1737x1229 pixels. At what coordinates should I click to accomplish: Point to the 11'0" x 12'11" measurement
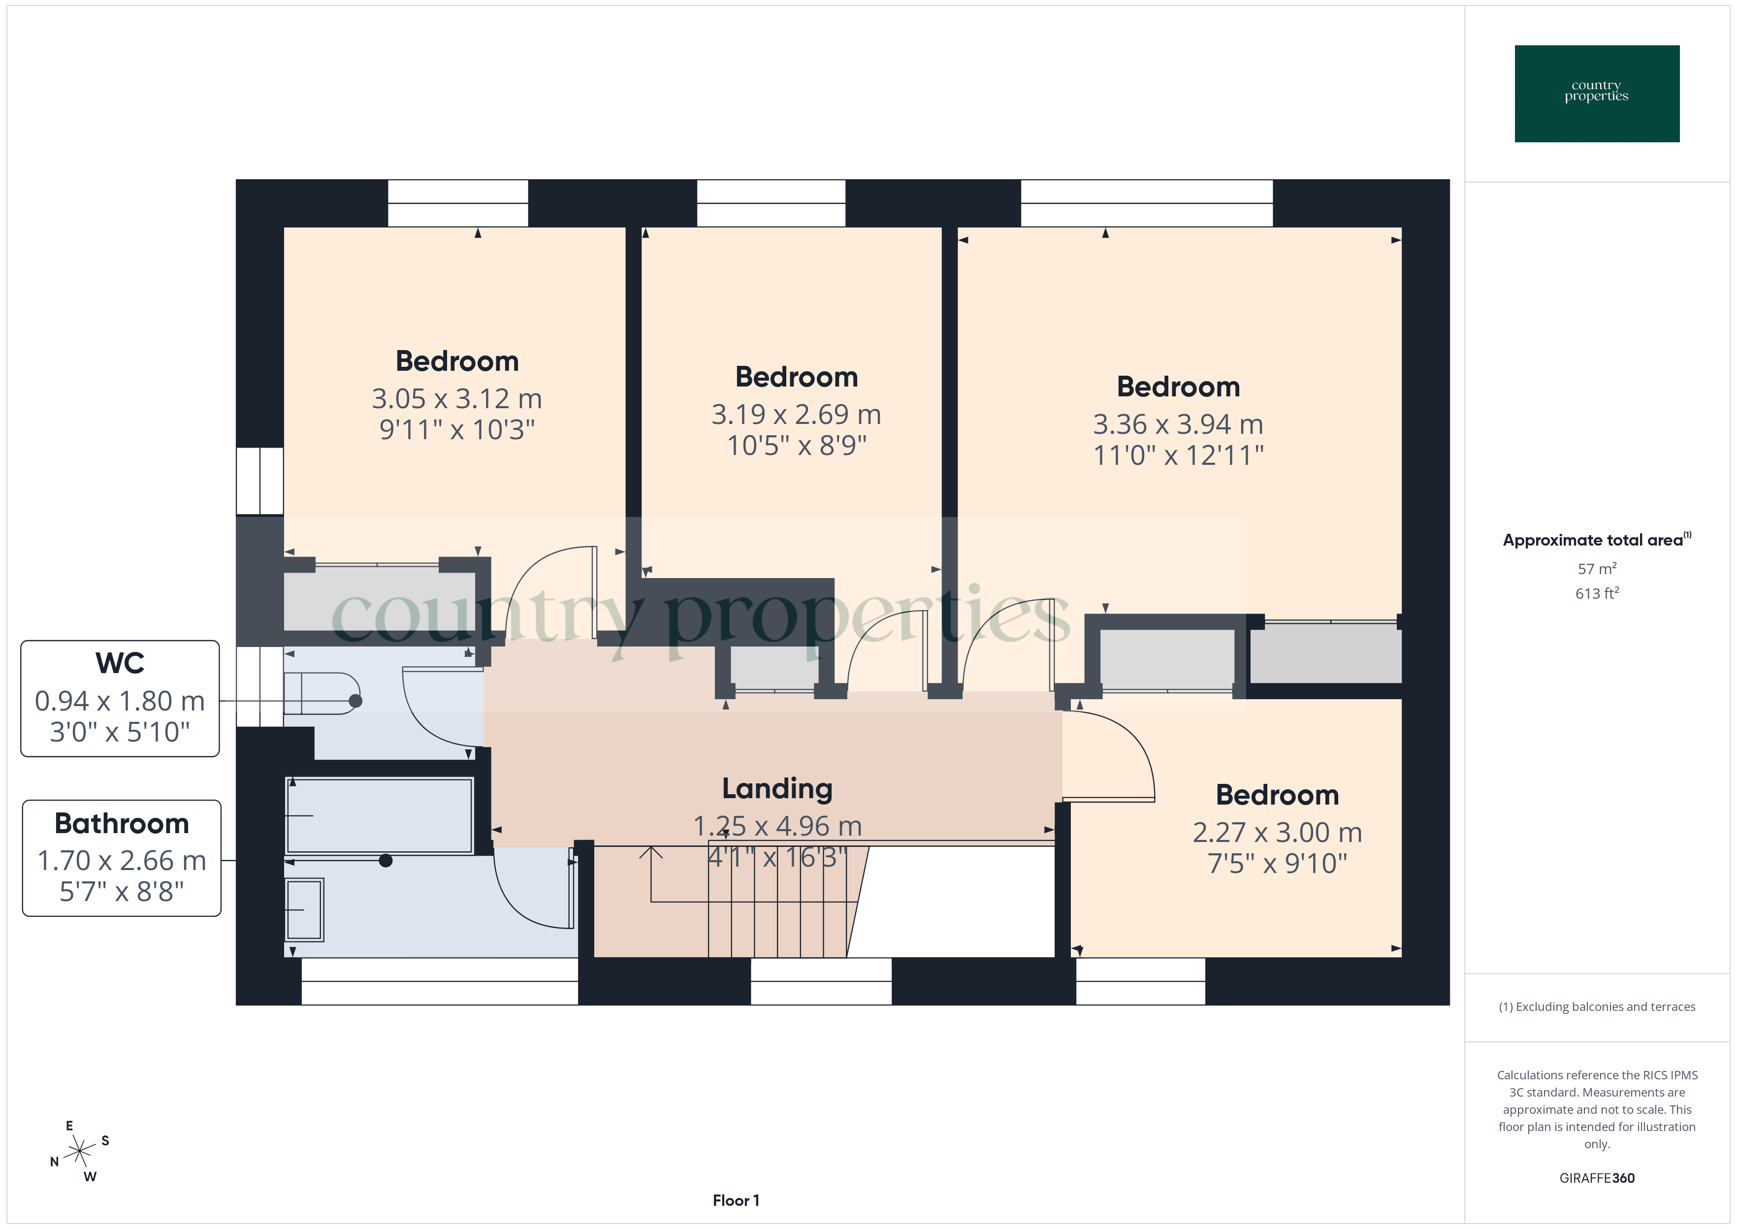[1178, 455]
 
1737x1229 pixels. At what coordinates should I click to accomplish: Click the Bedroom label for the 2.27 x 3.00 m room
[1277, 795]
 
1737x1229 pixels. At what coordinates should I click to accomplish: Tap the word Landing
[777, 788]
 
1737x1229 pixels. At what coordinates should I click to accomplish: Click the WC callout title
[120, 663]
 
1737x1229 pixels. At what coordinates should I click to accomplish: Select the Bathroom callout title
[121, 823]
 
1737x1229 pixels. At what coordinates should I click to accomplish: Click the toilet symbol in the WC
[322, 693]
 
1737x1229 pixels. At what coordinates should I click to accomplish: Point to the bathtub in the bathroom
[379, 816]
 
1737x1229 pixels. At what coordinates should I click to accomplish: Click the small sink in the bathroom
[304, 909]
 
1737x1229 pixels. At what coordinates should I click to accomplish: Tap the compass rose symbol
[79, 1152]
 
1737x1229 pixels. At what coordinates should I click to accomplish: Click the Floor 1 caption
[736, 1200]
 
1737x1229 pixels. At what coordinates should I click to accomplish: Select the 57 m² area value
[1596, 568]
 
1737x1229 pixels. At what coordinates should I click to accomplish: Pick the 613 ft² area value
[1596, 593]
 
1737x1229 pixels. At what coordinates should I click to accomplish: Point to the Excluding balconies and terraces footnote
[1596, 1006]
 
